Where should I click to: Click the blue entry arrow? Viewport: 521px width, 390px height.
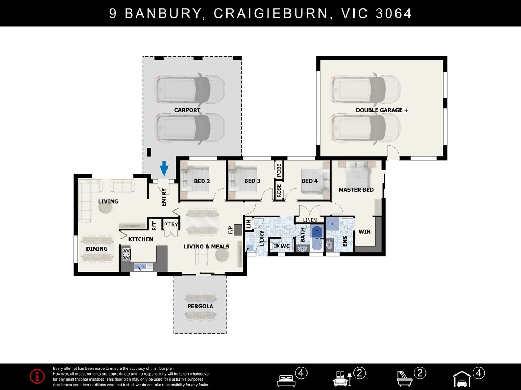[164, 168]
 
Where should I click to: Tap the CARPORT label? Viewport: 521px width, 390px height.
[187, 110]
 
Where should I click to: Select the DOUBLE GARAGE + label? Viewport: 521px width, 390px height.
[382, 110]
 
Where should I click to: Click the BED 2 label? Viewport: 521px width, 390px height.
[202, 181]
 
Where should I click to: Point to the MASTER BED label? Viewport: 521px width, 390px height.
[356, 190]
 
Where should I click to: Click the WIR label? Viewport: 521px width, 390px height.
[364, 231]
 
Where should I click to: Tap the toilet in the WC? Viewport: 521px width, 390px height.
[275, 246]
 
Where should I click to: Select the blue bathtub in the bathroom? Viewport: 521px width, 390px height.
[317, 238]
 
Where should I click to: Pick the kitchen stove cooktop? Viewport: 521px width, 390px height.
[126, 254]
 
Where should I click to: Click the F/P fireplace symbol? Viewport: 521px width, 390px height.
[238, 229]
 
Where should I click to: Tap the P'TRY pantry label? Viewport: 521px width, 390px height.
[171, 224]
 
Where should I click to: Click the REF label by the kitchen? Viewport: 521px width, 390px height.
[154, 225]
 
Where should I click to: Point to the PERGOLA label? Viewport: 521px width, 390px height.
[200, 307]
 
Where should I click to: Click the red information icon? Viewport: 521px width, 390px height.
[37, 376]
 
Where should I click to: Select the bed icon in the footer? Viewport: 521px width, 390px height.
[286, 381]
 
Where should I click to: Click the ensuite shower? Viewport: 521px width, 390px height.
[332, 224]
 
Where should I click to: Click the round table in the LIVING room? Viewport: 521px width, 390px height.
[105, 208]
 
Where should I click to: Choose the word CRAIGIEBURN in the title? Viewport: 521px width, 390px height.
[271, 13]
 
